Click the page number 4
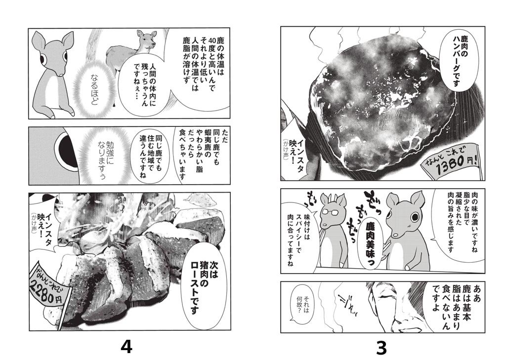point(127,347)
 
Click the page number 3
point(381,348)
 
